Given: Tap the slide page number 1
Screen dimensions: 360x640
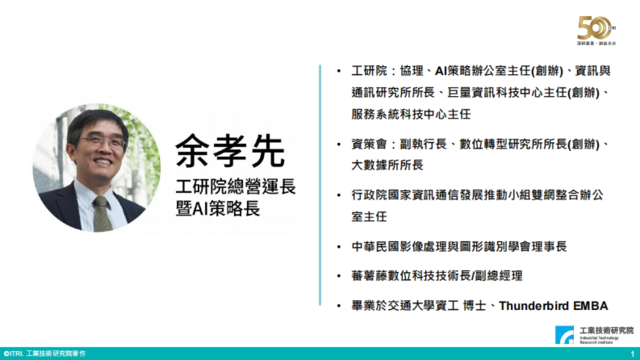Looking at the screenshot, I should click(632, 354).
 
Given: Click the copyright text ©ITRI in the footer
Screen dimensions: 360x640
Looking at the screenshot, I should click(13, 354).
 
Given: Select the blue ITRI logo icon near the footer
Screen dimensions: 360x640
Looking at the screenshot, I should click(565, 334).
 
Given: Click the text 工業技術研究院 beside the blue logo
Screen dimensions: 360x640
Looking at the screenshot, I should click(607, 330).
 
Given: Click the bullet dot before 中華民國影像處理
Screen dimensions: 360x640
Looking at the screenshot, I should click(339, 247).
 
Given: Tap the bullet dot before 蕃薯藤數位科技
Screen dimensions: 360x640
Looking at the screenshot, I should click(339, 276).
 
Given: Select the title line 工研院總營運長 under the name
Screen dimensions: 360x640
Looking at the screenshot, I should click(235, 187).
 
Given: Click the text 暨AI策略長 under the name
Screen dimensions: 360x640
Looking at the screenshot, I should click(218, 209).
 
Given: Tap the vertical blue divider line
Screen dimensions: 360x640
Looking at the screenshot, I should click(320, 185).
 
